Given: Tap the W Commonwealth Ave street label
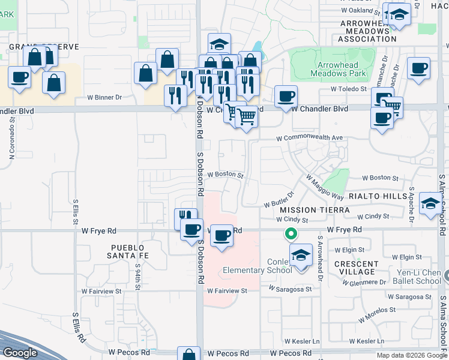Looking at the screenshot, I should [x=309, y=138].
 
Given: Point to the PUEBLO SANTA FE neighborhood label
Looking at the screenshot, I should [x=128, y=251].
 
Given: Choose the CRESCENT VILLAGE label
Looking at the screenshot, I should [x=356, y=268].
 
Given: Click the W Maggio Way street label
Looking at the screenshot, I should [x=324, y=187].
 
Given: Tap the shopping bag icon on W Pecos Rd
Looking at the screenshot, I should [x=188, y=354].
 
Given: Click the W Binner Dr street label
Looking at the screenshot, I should [x=104, y=97].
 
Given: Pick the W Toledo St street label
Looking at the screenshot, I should [x=349, y=89].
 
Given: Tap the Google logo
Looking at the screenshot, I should [x=20, y=353].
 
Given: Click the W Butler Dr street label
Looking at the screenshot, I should [x=279, y=200].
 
